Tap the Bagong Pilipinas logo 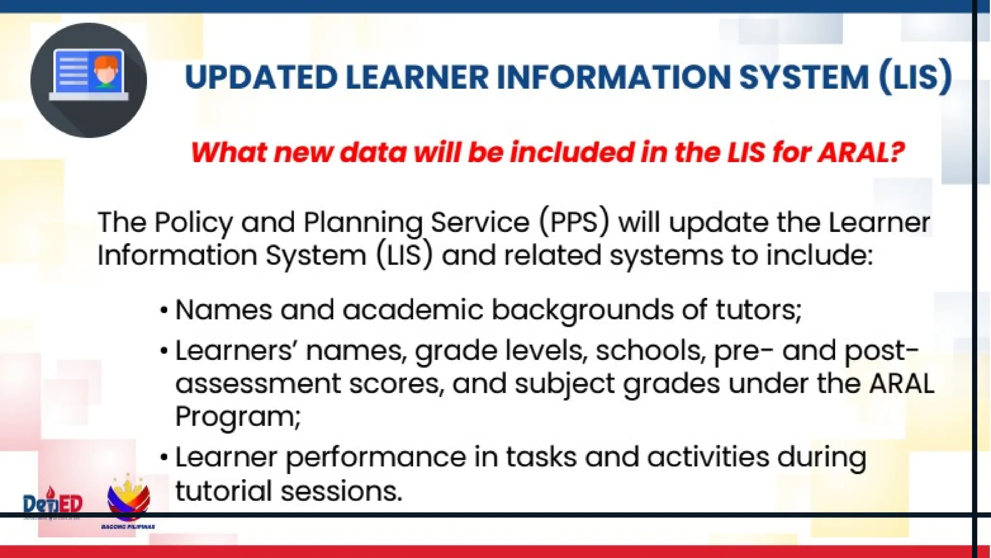pyautogui.click(x=128, y=501)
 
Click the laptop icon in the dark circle pyautogui.click(x=89, y=75)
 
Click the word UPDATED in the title pyautogui.click(x=261, y=77)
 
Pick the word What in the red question pyautogui.click(x=228, y=152)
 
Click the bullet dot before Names pyautogui.click(x=165, y=310)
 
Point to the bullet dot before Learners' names pyautogui.click(x=165, y=351)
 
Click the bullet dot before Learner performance pyautogui.click(x=165, y=457)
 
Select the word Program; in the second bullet pyautogui.click(x=238, y=417)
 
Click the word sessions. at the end pyautogui.click(x=342, y=491)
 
